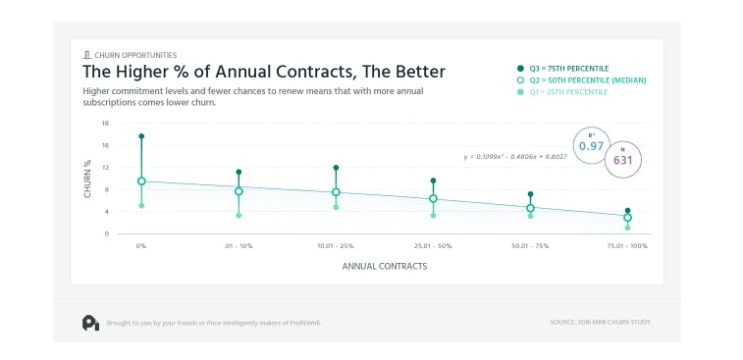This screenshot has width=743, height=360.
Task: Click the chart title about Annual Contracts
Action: pos(264,72)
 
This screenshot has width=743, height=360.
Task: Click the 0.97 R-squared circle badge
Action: pos(591,144)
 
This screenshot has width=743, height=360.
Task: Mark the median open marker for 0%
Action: pos(141,180)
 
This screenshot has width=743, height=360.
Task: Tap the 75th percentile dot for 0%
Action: pos(141,136)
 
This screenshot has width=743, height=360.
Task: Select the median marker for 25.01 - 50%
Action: pos(433,199)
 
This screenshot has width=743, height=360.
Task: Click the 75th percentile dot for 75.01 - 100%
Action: pos(628,210)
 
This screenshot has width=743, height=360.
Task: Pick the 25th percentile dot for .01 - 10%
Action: pos(239,215)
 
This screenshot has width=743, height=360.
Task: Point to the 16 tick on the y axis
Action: pos(105,145)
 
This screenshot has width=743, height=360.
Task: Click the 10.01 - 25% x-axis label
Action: pos(336,245)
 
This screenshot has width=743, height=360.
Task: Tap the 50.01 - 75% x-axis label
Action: pos(530,245)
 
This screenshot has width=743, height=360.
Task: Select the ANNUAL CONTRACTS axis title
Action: pos(384,265)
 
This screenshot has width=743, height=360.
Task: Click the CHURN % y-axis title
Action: pos(86,179)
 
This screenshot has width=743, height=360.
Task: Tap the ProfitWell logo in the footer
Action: pos(90,321)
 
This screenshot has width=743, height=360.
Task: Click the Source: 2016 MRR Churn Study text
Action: pos(601,321)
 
